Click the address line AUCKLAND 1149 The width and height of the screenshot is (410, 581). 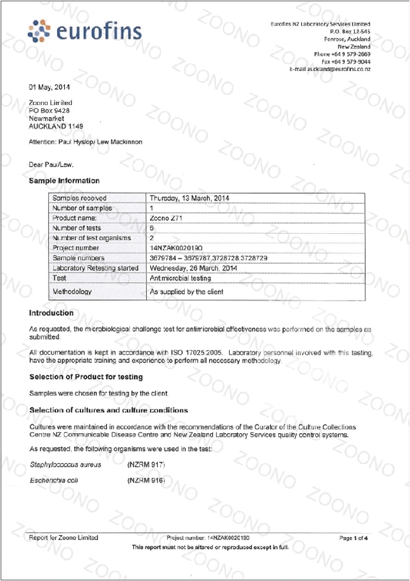(56, 126)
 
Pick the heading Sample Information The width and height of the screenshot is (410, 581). (64, 180)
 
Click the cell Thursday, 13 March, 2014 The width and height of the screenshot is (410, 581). (189, 198)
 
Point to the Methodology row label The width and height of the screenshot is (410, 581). (72, 292)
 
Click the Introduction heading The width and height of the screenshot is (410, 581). (51, 313)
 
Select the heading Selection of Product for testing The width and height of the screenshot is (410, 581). (86, 377)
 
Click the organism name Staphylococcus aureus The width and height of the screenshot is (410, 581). (65, 465)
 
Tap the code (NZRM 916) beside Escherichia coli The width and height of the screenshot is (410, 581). (146, 480)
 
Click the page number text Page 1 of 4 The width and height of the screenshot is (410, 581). (353, 538)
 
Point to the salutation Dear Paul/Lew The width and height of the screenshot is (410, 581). (51, 164)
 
